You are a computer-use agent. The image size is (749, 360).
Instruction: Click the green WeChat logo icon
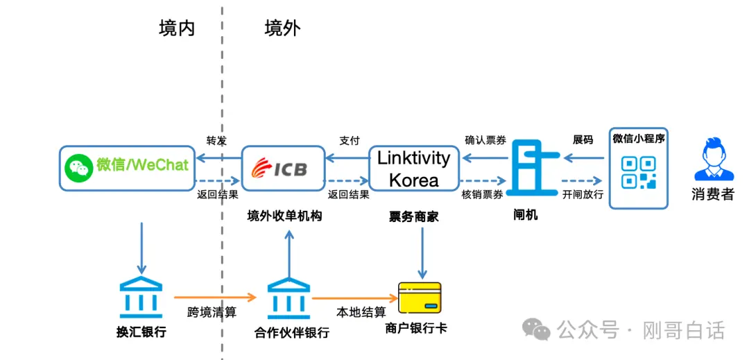[x=78, y=166]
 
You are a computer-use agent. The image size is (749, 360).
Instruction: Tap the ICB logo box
[x=284, y=169]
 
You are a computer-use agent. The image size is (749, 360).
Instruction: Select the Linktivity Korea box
[x=413, y=169]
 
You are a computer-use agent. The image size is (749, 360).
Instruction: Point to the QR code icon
[x=638, y=173]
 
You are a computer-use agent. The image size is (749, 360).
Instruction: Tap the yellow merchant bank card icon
[x=420, y=298]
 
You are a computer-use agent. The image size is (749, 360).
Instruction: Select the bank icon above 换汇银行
[x=141, y=297]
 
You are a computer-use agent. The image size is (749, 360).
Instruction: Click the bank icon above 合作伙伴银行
[x=289, y=297]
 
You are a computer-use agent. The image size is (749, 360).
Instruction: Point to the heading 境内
[x=176, y=28]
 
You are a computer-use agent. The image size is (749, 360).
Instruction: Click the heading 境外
[x=282, y=28]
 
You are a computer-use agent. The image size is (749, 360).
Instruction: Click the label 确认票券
[x=484, y=139]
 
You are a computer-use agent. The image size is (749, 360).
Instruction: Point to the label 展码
[x=583, y=139]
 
